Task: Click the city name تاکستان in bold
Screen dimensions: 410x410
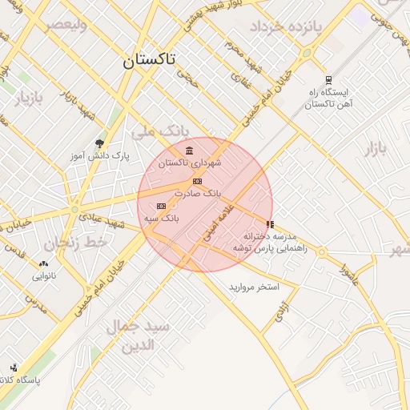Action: coord(152,60)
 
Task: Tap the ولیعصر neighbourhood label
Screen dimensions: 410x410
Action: coord(65,25)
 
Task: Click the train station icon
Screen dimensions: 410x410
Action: coord(328,78)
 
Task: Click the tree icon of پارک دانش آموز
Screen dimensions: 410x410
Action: coord(99,143)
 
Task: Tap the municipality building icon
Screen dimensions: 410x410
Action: coord(189,151)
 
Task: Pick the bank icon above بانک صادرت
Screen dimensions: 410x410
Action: coord(198,182)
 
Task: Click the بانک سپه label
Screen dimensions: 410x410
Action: coord(162,217)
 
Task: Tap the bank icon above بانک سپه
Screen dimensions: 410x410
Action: coord(162,206)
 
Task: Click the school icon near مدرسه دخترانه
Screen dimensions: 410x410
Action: coord(270,224)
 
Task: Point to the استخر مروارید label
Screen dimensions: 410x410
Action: coord(253,286)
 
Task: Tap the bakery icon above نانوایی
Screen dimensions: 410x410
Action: coord(43,263)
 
